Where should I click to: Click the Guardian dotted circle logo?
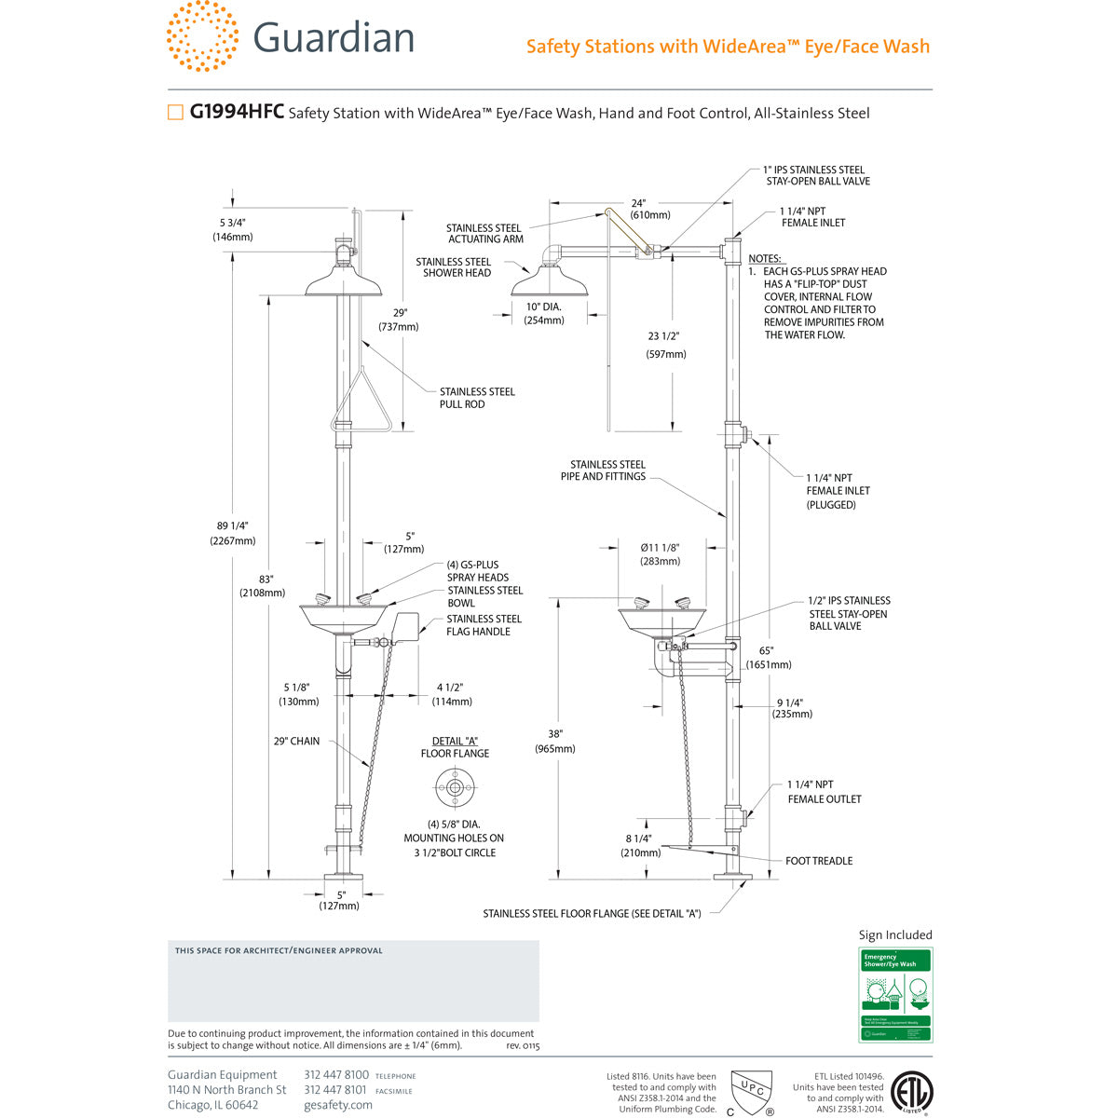tap(202, 36)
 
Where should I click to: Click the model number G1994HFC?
tap(237, 113)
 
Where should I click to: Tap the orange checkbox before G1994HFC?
tap(175, 113)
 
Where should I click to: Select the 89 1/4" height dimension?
tap(233, 533)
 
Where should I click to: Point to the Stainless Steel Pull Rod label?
tap(477, 398)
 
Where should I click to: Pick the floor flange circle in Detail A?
tap(456, 788)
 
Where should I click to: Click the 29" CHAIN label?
tap(296, 742)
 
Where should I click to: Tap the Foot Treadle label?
tap(818, 861)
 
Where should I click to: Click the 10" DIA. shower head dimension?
tap(545, 313)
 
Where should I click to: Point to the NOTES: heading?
tap(765, 258)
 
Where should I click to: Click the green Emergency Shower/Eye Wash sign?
tap(894, 994)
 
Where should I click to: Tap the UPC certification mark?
tap(750, 1091)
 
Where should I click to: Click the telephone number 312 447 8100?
tap(336, 1075)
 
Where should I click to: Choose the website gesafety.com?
tap(337, 1105)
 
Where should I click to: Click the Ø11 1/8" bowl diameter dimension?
tap(660, 554)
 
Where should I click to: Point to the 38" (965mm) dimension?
tap(555, 741)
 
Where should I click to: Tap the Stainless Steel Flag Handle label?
tap(484, 625)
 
